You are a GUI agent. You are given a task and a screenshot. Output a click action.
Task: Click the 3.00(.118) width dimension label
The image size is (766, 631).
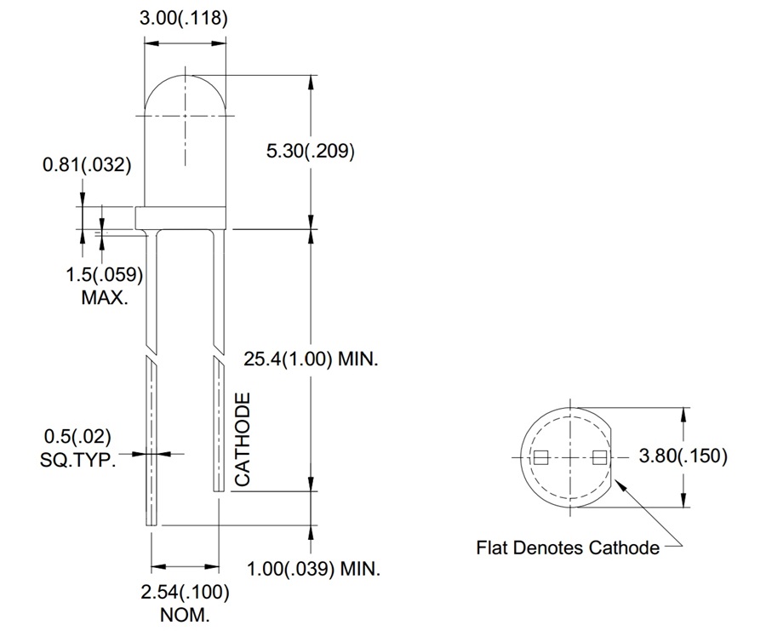tap(185, 19)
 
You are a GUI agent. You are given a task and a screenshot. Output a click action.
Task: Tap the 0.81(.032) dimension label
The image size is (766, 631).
tap(87, 165)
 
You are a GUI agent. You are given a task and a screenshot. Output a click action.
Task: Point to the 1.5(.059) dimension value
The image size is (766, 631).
tap(103, 275)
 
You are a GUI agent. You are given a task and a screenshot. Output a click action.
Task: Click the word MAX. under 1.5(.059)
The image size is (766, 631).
tap(105, 298)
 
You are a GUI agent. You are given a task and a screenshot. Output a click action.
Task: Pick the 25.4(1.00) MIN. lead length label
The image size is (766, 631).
tap(312, 359)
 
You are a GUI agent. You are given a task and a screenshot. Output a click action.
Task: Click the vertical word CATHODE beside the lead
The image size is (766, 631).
tap(243, 439)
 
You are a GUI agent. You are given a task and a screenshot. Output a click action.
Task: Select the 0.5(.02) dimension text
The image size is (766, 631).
tap(76, 438)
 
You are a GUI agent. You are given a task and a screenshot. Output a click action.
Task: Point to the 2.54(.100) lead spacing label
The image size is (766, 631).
tap(185, 592)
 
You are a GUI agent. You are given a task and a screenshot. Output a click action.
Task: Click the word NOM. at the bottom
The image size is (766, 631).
tap(185, 614)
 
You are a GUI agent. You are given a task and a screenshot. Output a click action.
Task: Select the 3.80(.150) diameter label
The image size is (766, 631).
tap(683, 456)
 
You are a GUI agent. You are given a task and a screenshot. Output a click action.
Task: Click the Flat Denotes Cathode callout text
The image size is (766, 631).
tap(568, 547)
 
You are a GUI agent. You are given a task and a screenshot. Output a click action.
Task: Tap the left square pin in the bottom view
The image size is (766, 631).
tap(539, 457)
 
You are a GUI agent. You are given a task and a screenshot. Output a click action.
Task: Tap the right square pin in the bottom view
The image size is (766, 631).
tap(599, 457)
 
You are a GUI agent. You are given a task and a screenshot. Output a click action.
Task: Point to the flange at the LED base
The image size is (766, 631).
tap(184, 217)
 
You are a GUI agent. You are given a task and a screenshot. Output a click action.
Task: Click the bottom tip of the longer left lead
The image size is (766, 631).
tap(153, 521)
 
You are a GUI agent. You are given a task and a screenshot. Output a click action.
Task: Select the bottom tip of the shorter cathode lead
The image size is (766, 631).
tap(218, 486)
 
